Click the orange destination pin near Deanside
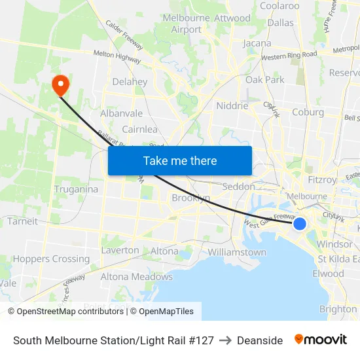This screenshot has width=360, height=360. click(x=60, y=84)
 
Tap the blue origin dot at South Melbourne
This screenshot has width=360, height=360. click(x=299, y=224)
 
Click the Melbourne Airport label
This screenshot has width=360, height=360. click(x=186, y=24)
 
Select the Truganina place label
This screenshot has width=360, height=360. click(x=76, y=189)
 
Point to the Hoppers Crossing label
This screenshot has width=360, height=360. click(x=51, y=259)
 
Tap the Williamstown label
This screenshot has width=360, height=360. click(x=237, y=252)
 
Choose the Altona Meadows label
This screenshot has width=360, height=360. click(x=136, y=277)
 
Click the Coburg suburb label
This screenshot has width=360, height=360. click(x=308, y=112)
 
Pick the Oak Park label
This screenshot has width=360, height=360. click(x=265, y=80)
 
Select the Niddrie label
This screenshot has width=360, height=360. click(x=232, y=105)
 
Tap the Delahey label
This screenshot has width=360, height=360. click(x=130, y=82)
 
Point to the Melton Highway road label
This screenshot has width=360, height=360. click(x=117, y=57)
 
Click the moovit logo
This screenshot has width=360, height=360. click(x=320, y=340)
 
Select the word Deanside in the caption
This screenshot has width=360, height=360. click(x=260, y=340)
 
